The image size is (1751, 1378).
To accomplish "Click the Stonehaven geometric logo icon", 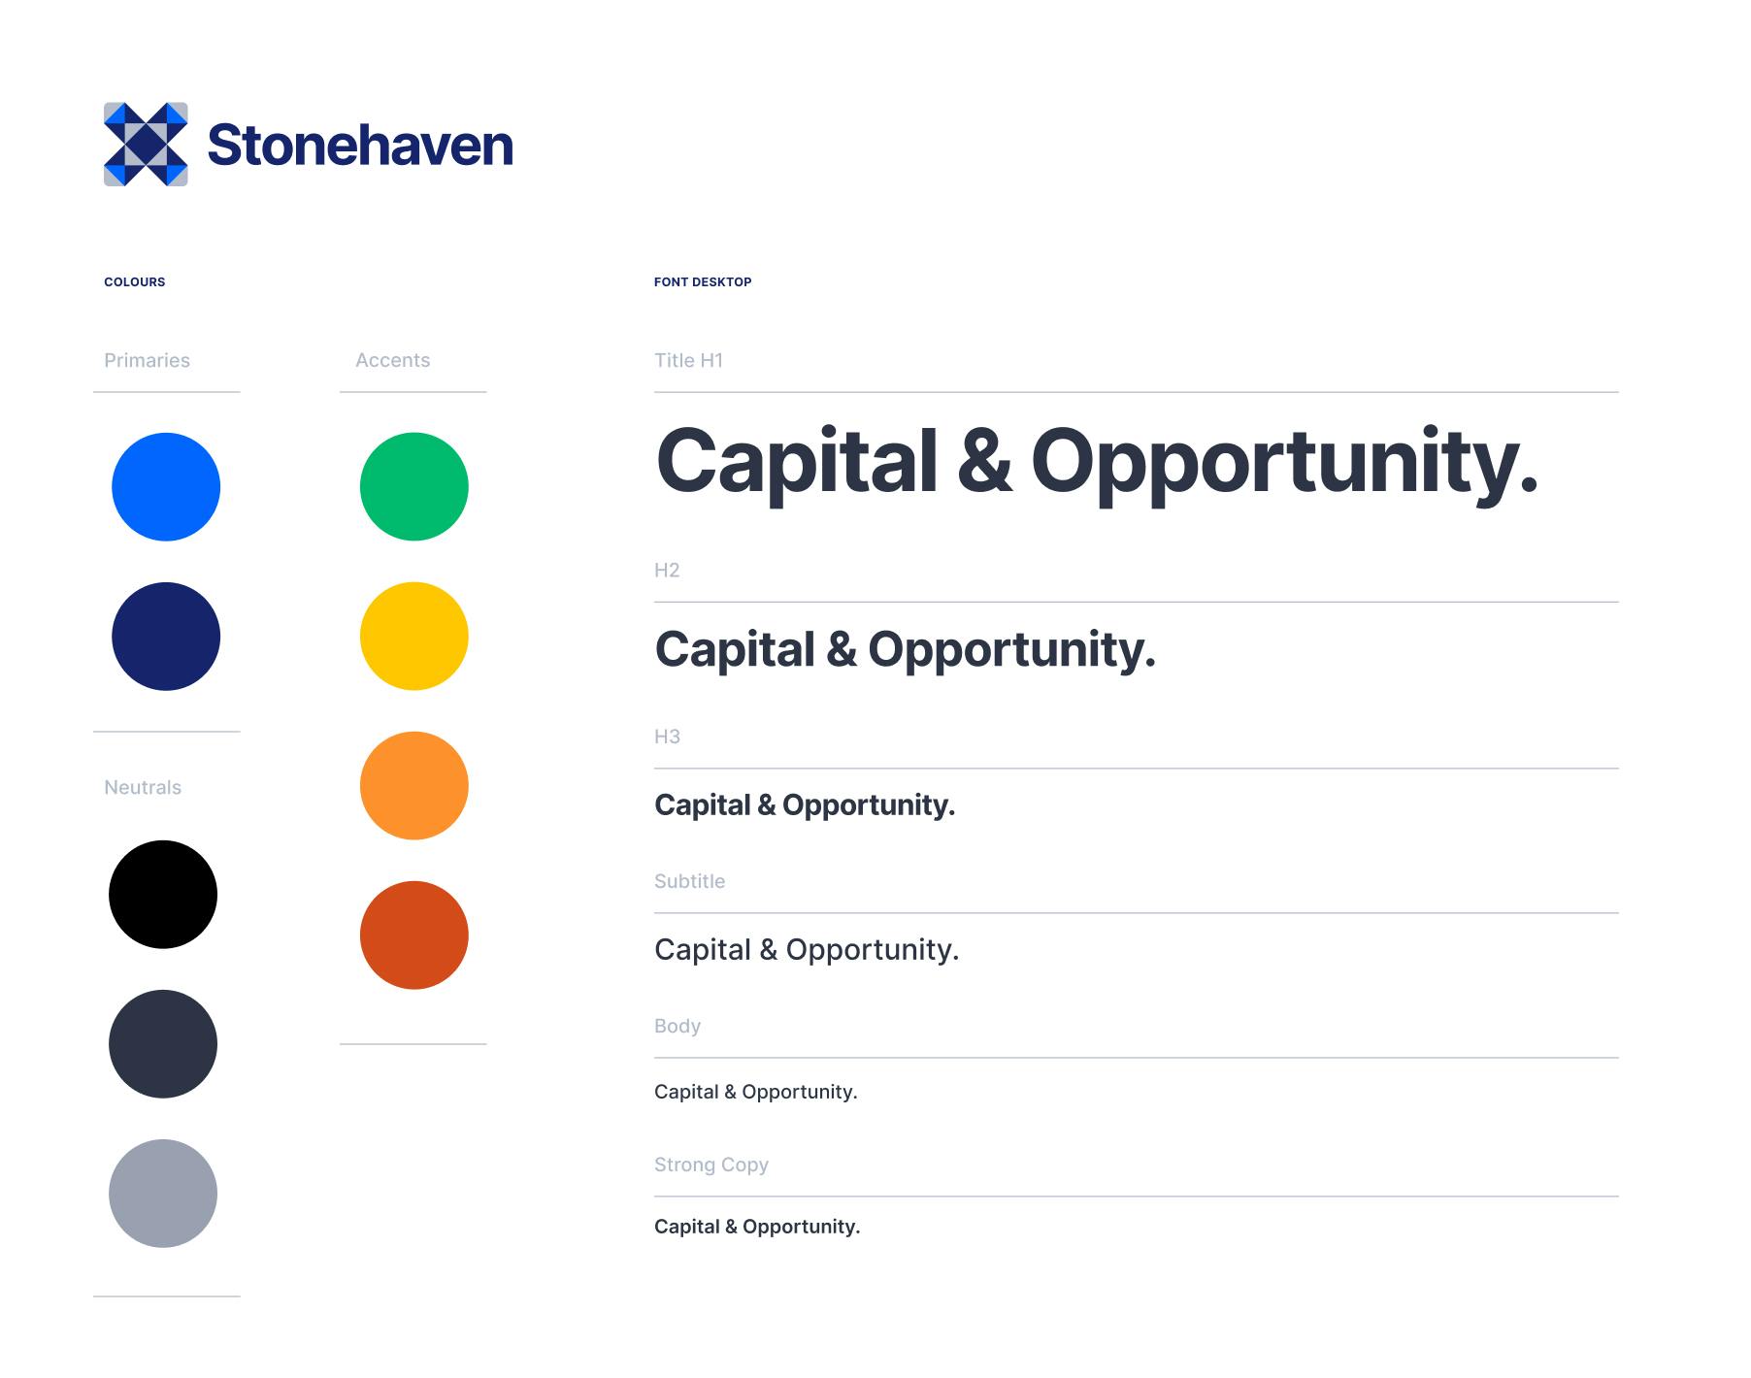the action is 146,144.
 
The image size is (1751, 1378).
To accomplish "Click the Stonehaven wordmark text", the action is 360,145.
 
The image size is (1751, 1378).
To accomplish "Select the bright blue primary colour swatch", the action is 166,487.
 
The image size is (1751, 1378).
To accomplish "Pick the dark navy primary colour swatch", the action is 166,637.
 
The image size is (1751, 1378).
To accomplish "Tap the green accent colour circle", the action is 414,487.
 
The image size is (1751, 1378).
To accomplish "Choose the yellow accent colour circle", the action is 414,637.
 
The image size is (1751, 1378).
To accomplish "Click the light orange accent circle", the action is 414,786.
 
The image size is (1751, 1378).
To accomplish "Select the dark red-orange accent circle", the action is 414,935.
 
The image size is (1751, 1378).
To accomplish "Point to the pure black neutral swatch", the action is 163,895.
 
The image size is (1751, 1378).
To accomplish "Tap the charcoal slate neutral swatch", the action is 163,1044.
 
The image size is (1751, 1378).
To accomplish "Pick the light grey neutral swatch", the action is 163,1194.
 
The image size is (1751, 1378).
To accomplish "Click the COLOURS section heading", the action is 135,282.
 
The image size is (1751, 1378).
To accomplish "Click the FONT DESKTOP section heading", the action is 703,282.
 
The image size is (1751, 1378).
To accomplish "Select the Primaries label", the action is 147,361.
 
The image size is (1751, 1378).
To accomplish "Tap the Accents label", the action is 392,361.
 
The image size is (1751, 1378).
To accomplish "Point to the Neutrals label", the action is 143,788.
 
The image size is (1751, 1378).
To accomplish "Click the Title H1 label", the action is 688,361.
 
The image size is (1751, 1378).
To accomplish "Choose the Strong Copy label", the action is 711,1165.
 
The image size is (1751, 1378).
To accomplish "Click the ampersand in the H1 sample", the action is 984,462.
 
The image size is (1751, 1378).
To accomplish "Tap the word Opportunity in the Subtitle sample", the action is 873,950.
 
